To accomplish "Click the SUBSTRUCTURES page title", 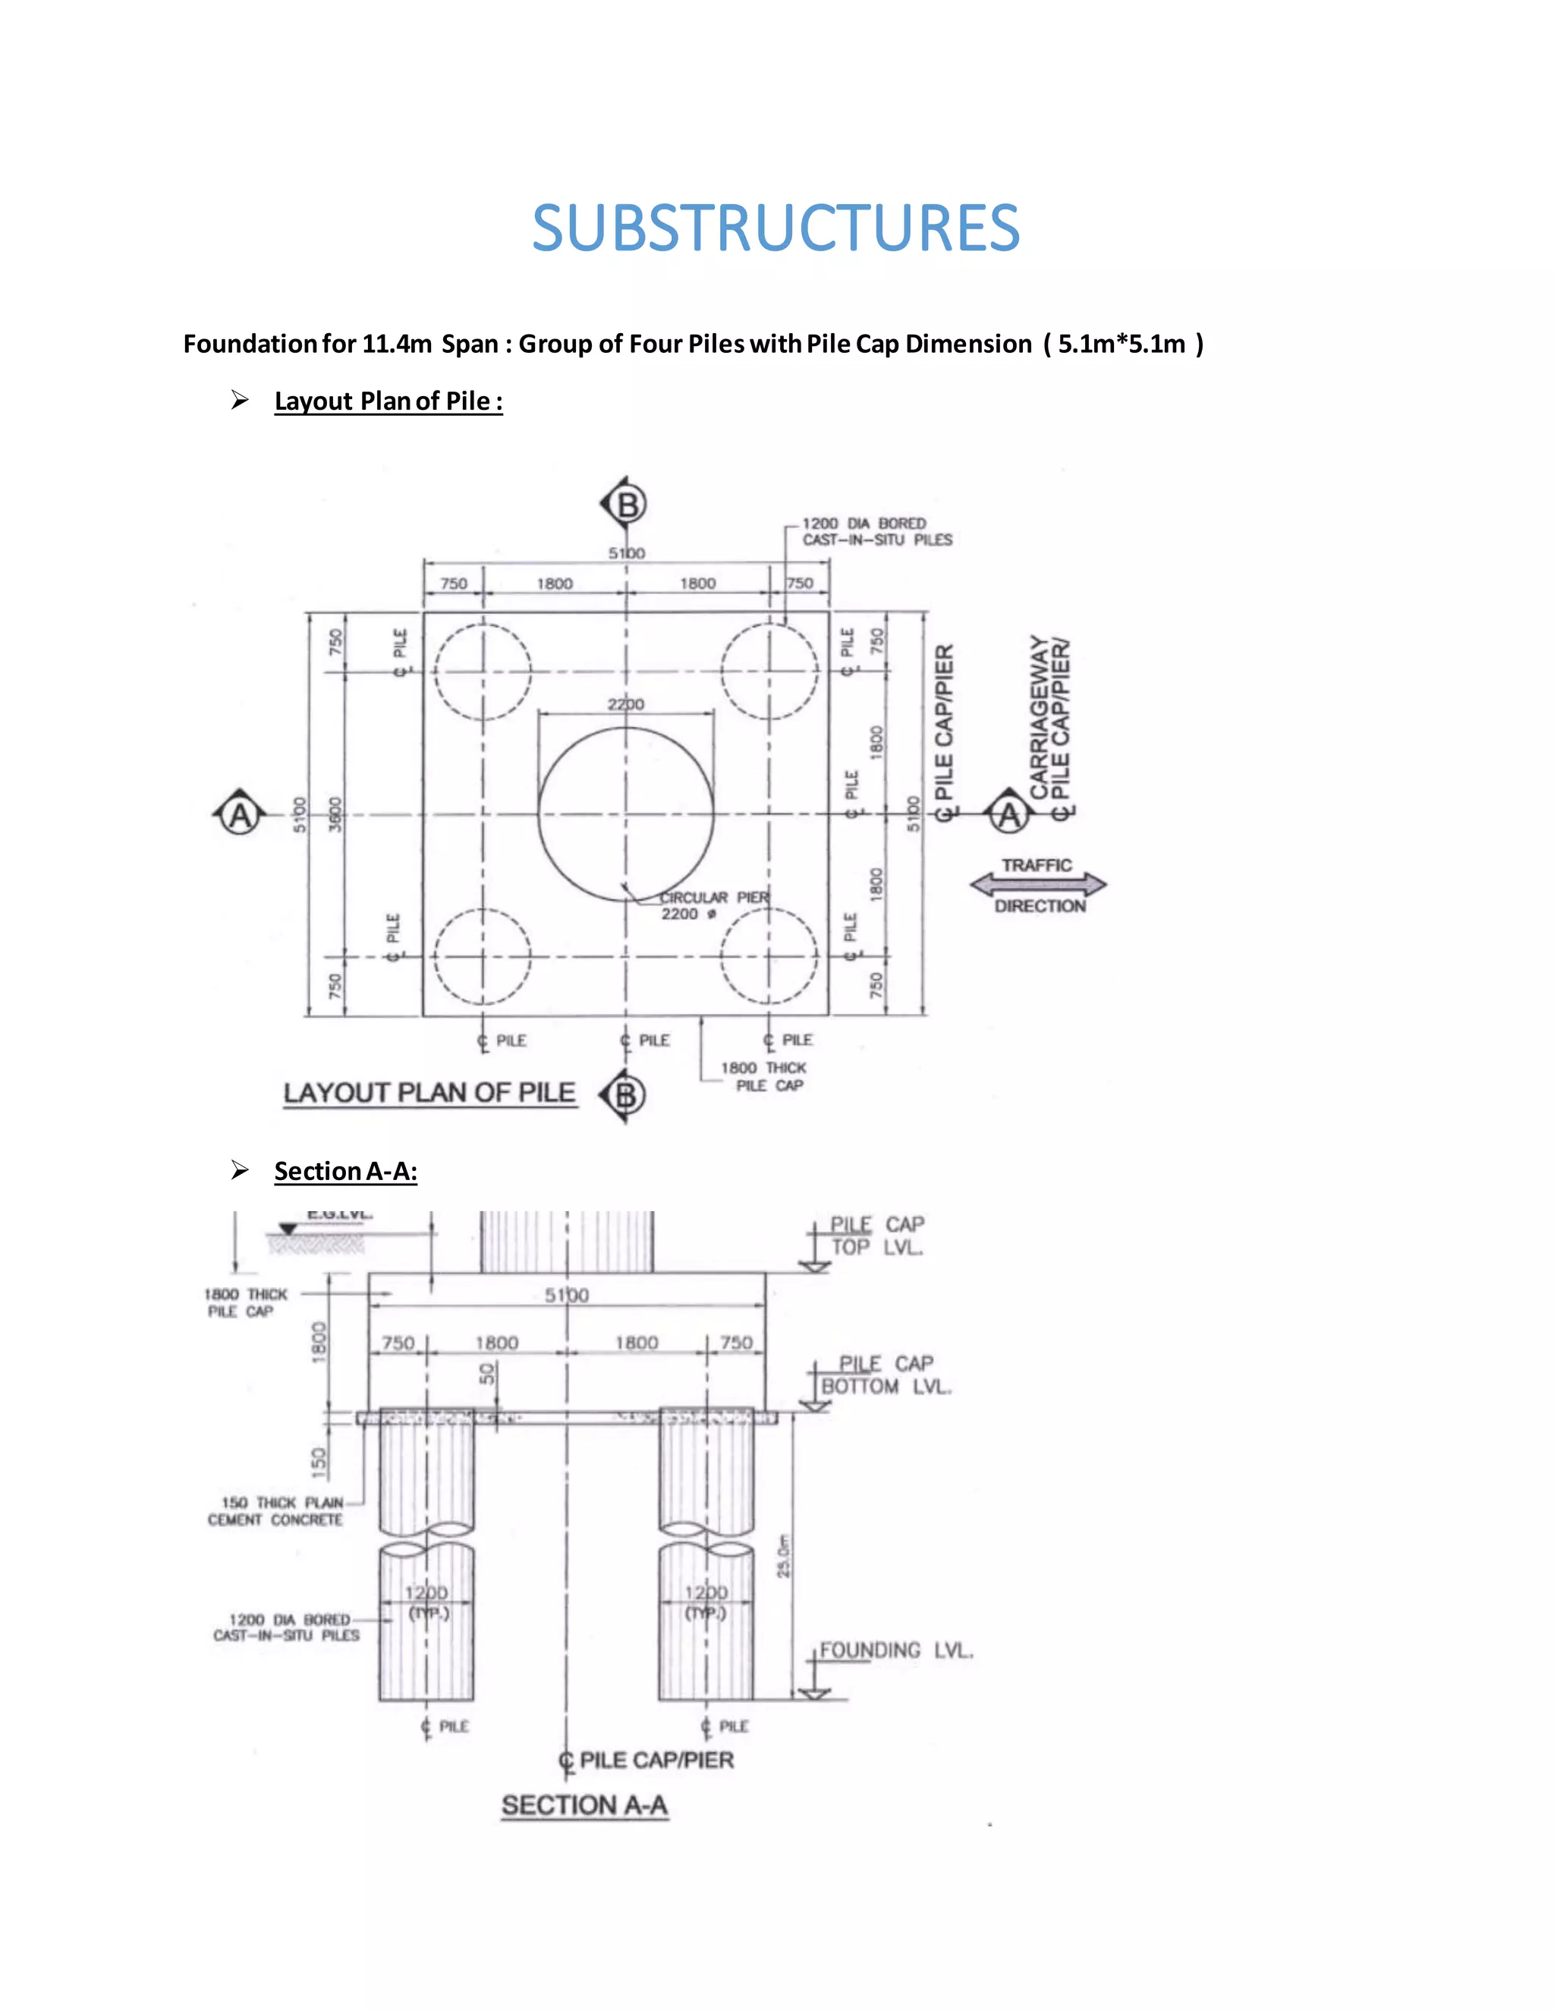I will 776,228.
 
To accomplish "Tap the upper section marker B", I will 627,505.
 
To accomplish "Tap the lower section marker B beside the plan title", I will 625,1096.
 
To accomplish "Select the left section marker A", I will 239,816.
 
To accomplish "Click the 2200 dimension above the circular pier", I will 626,704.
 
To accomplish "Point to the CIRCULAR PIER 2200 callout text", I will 713,905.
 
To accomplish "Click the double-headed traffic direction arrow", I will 1039,885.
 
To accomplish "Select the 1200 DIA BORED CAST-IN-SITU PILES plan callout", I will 876,531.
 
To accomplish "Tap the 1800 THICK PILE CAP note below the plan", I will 763,1076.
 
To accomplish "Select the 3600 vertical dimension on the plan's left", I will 335,814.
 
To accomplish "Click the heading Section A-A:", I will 345,1171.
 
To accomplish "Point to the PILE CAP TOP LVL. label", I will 876,1235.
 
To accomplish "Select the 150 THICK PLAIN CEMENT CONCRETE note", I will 275,1511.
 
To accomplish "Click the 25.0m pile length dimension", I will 783,1557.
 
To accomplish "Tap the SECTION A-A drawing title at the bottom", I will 584,1805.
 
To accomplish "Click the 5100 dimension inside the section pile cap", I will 566,1295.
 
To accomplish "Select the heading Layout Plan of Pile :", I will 388,401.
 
